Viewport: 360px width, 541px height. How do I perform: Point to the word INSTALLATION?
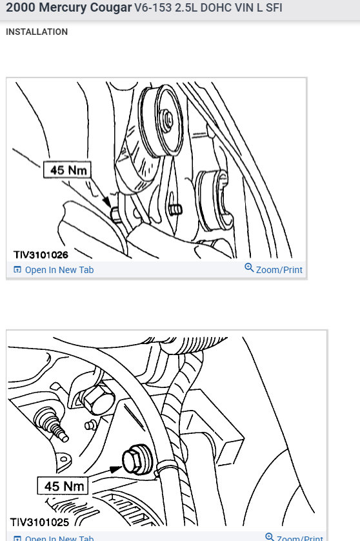point(37,32)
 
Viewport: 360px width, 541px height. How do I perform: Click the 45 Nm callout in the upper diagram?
point(67,171)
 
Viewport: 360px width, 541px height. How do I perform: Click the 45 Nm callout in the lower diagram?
point(65,485)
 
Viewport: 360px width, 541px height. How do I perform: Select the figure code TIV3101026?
point(41,255)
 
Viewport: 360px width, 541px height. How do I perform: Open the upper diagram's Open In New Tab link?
point(59,270)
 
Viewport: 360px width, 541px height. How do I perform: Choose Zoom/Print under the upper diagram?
point(279,270)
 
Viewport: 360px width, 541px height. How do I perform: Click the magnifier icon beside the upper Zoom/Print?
point(249,268)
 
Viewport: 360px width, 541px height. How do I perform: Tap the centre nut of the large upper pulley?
point(166,118)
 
